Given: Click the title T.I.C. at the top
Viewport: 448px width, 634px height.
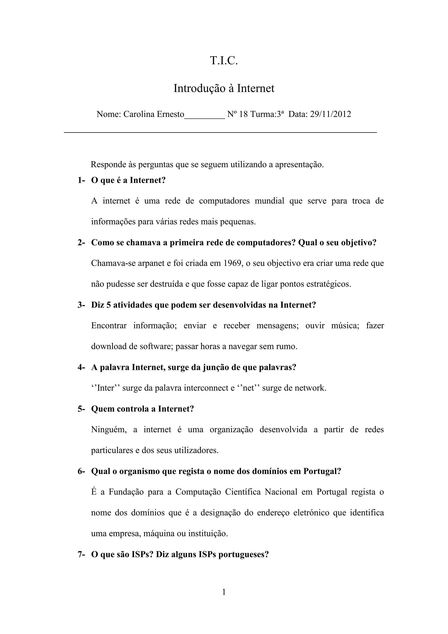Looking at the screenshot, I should point(224,61).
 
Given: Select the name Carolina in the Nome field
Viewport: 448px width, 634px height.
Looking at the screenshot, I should point(139,114).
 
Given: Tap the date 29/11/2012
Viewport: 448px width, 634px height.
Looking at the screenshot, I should point(331,114).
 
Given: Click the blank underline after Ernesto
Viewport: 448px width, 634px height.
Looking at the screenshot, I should point(204,117).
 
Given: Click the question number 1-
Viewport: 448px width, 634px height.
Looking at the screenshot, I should point(81,180).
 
